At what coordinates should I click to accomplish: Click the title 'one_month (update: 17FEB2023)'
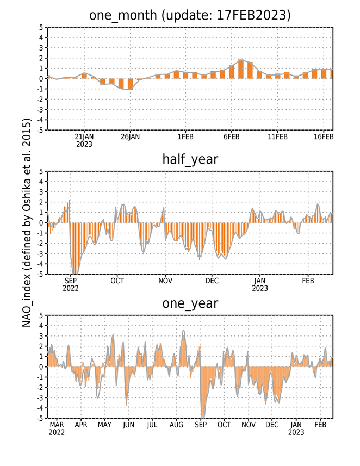[x=190, y=15]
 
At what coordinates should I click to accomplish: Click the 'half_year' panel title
[x=190, y=160]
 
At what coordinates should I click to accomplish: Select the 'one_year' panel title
[x=190, y=303]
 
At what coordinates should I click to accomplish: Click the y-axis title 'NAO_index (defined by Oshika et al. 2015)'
[x=27, y=222]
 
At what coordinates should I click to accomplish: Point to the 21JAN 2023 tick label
[x=84, y=141]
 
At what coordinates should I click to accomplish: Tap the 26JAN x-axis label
[x=130, y=137]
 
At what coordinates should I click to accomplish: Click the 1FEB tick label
[x=185, y=137]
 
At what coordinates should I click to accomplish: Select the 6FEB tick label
[x=232, y=137]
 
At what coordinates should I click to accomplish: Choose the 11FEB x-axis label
[x=278, y=137]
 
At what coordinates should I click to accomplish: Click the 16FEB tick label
[x=324, y=137]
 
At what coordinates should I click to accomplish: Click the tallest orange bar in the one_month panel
[x=241, y=69]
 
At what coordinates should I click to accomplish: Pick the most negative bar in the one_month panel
[x=130, y=84]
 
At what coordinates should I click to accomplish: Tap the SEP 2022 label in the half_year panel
[x=71, y=284]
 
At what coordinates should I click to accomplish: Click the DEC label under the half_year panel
[x=212, y=281]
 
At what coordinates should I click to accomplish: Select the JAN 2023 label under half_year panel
[x=260, y=284]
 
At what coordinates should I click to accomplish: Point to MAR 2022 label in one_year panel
[x=57, y=428]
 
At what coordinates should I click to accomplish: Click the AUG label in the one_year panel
[x=177, y=425]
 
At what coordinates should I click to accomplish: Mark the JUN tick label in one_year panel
[x=128, y=425]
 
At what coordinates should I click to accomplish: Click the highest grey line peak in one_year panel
[x=183, y=330]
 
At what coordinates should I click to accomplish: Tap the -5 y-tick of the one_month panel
[x=40, y=130]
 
